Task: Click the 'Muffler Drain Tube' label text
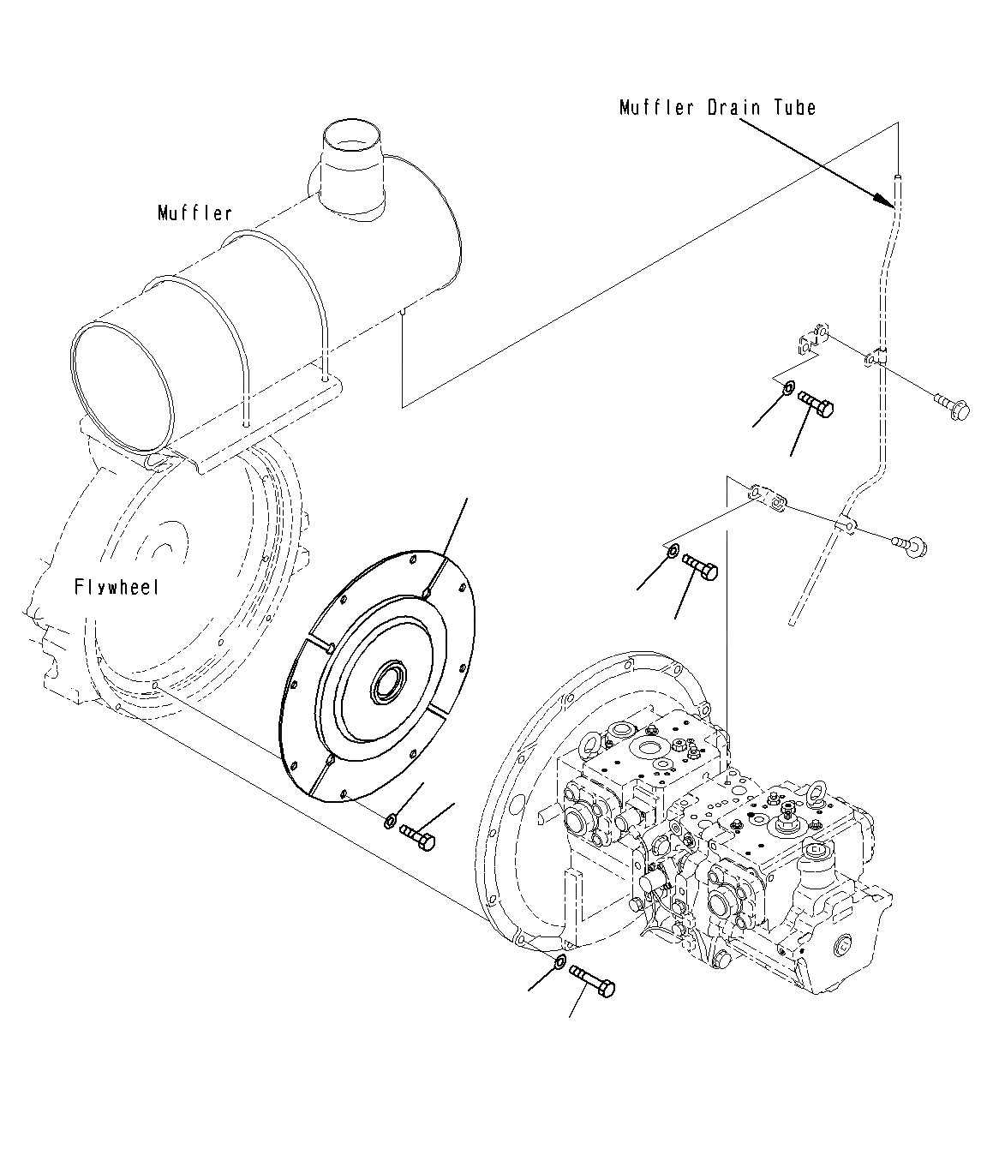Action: pyautogui.click(x=717, y=107)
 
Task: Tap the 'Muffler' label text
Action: pyautogui.click(x=194, y=212)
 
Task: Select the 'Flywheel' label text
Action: pyautogui.click(x=117, y=588)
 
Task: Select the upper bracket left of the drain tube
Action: pyautogui.click(x=810, y=339)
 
